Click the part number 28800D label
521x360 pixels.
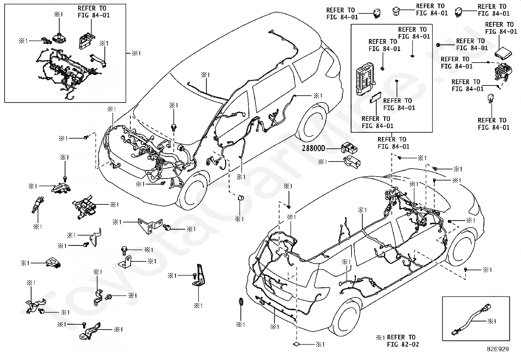(313, 148)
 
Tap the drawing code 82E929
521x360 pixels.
(498, 349)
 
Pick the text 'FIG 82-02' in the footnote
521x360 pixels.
(403, 344)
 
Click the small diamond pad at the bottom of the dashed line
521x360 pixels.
(296, 344)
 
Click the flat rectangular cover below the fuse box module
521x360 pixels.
(375, 97)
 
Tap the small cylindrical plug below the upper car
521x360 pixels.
(241, 198)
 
